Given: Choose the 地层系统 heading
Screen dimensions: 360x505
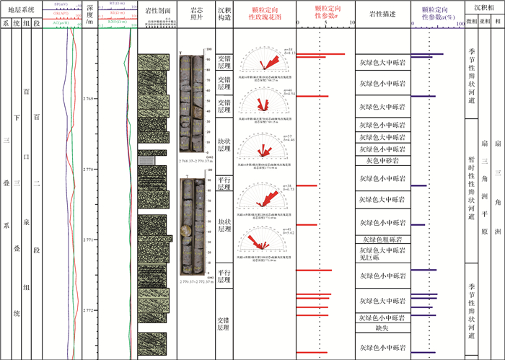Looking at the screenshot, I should (22, 9).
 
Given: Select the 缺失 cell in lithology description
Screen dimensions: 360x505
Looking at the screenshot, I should (382, 328).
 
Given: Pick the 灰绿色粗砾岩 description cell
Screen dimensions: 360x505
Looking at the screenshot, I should (382, 240).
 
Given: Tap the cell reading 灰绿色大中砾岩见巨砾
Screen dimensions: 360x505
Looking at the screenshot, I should (382, 254).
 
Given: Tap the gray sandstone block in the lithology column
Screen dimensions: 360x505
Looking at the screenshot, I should (146, 160).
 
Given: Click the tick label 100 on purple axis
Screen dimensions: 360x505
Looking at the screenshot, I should (459, 23).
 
